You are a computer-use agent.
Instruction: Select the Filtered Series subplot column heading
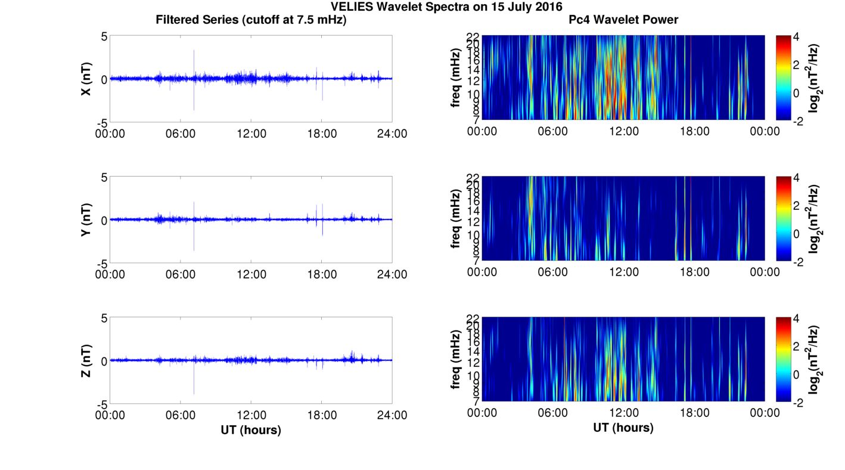(251, 20)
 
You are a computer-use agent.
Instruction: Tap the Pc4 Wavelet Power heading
(623, 20)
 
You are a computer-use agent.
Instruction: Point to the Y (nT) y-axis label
(86, 219)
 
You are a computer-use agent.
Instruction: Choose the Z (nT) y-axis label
(86, 360)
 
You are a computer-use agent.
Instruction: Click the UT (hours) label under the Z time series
(251, 429)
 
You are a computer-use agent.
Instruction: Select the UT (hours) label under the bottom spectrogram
(623, 428)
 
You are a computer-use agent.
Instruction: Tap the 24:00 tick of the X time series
(392, 134)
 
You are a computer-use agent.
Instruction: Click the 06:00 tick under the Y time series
(181, 274)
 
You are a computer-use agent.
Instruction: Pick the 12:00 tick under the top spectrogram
(623, 131)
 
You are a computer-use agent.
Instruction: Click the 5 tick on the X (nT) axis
(104, 36)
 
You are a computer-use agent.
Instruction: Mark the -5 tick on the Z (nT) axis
(101, 404)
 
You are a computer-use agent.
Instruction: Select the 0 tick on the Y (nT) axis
(104, 220)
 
